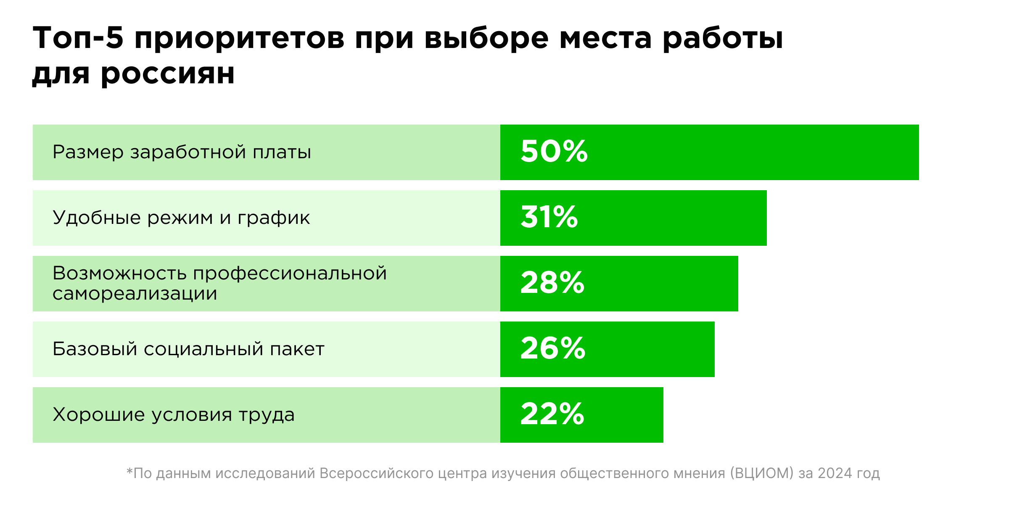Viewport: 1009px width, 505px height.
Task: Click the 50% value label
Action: click(x=554, y=151)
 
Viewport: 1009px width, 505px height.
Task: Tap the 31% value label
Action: click(x=549, y=217)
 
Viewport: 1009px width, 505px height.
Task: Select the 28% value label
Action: click(x=552, y=283)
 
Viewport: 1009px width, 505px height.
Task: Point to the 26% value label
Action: click(x=552, y=348)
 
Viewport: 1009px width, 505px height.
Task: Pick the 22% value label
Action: click(x=552, y=414)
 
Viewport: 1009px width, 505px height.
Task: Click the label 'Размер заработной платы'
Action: click(x=182, y=152)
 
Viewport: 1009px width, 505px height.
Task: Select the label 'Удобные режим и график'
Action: click(x=181, y=218)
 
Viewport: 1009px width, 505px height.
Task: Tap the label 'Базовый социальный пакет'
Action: click(x=188, y=349)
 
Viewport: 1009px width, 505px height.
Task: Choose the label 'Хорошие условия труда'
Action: click(x=174, y=415)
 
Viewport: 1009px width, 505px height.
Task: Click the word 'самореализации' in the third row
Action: click(x=135, y=294)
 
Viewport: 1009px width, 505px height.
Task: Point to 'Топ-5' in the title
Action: click(x=78, y=38)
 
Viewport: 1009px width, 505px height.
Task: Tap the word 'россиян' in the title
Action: click(x=168, y=75)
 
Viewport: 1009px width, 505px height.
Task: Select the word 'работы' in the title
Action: click(x=723, y=39)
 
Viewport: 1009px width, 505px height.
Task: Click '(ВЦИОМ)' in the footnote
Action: click(x=761, y=473)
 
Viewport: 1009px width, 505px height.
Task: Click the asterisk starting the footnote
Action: click(x=129, y=471)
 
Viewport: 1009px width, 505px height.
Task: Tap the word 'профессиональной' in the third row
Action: click(x=290, y=274)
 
